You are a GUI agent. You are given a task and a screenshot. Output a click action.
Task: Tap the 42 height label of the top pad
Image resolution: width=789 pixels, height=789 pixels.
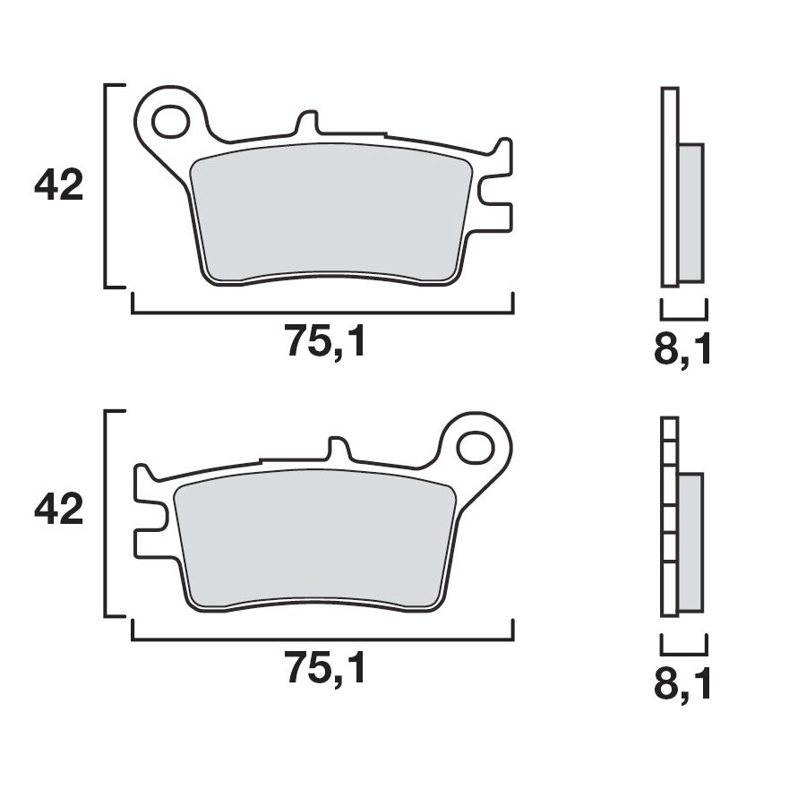coord(58,186)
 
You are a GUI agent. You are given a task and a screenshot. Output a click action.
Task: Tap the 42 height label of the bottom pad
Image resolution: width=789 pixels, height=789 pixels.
coord(58,511)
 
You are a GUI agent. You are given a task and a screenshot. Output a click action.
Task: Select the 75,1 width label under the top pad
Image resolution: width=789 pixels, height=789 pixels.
coord(325,342)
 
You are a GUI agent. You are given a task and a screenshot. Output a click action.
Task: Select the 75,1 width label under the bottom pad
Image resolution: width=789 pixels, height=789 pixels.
coord(325,668)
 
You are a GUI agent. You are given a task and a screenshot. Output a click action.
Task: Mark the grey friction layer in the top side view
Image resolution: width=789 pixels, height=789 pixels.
coord(690,213)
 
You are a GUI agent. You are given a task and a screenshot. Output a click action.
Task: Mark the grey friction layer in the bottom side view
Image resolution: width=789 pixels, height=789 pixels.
coord(690,543)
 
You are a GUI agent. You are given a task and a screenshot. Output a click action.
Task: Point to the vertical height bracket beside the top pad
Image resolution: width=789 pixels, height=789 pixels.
coord(107,186)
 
